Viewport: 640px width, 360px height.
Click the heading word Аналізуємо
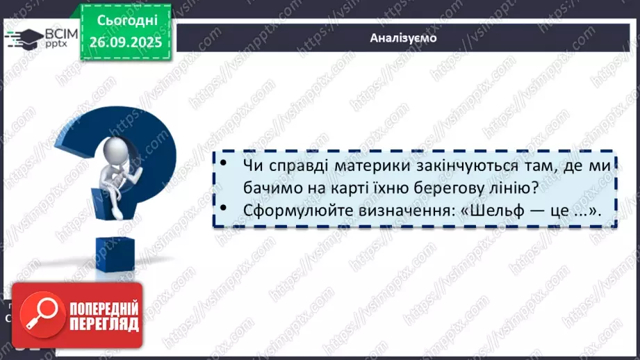(x=403, y=38)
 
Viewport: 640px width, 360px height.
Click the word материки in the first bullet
(x=337, y=167)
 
